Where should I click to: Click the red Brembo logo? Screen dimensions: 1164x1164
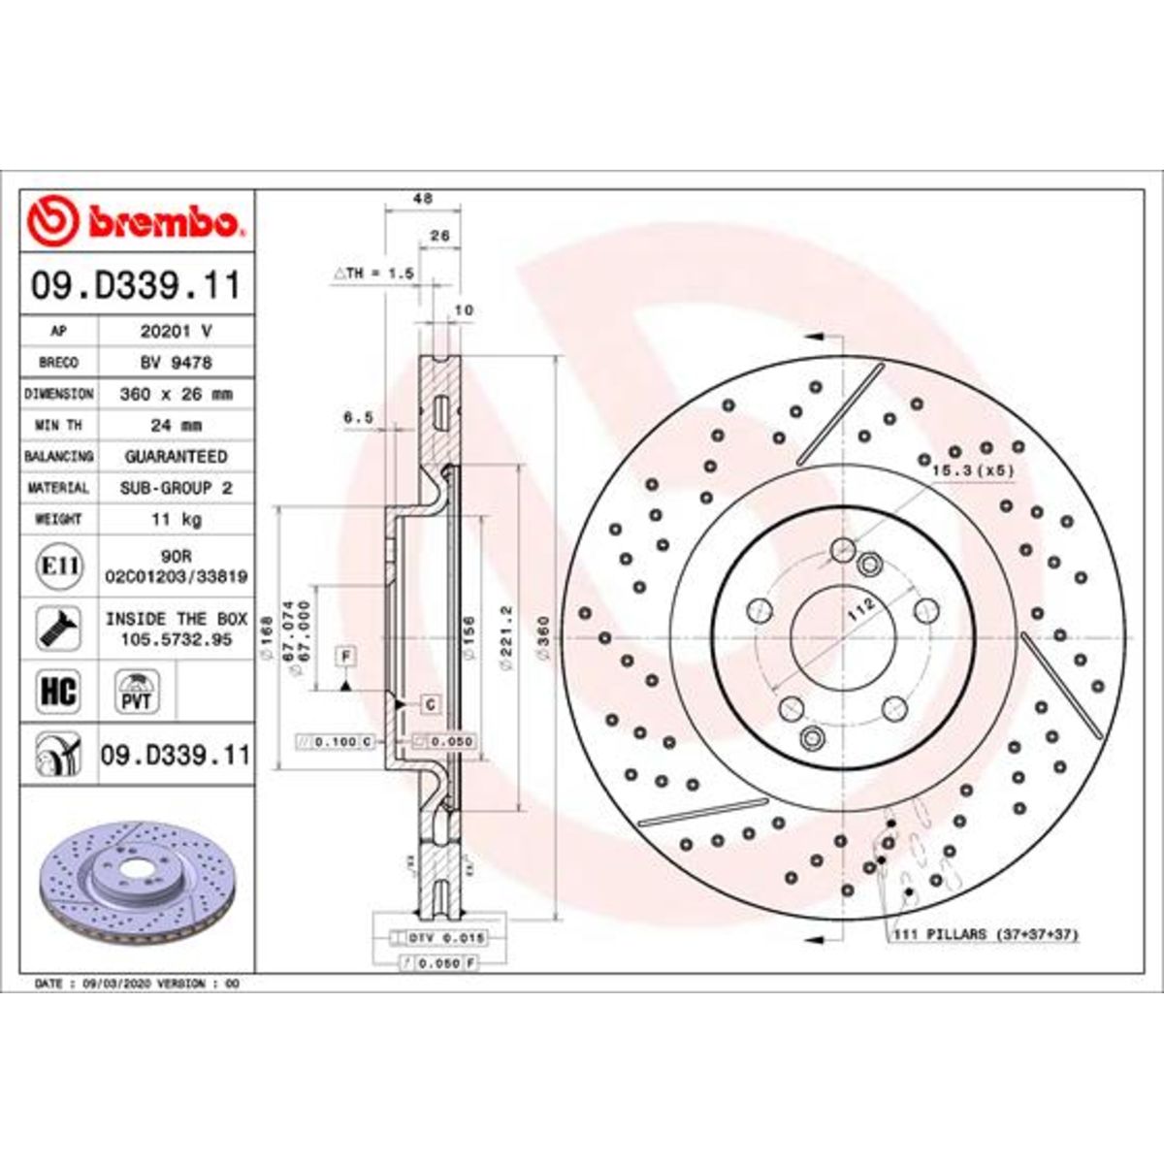pos(135,221)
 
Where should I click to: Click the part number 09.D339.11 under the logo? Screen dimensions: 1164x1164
pos(136,286)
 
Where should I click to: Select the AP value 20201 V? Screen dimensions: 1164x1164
pos(176,331)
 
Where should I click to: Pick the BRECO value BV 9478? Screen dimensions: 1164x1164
pos(176,362)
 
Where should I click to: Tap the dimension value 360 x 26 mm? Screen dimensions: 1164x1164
pos(176,394)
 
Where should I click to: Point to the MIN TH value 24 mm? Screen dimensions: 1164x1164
pos(176,425)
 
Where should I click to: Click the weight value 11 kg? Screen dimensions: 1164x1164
pos(176,519)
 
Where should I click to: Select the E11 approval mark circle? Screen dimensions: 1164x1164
pos(59,566)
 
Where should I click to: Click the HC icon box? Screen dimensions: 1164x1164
pos(58,692)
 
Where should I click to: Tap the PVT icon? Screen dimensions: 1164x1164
pos(136,692)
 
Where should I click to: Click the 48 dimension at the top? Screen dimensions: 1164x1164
pos(423,199)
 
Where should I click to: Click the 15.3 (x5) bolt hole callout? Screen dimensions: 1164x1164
pos(972,469)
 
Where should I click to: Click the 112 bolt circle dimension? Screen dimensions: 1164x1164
pos(861,609)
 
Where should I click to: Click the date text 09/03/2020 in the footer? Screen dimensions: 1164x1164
pos(102,983)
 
